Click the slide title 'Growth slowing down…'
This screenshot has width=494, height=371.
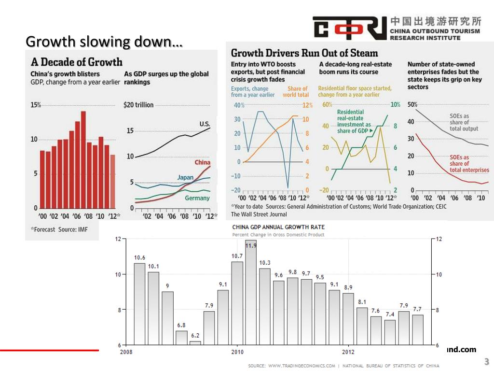pos(104,42)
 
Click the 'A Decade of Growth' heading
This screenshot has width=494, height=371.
pos(77,62)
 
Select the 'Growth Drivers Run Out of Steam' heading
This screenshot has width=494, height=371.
pos(304,53)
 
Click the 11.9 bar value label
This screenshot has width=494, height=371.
pos(251,245)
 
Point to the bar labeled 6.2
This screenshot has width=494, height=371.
pos(195,343)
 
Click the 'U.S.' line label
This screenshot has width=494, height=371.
pos(205,124)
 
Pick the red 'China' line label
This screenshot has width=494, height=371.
pos(202,162)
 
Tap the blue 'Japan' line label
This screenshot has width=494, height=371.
pos(185,177)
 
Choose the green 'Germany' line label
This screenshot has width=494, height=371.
pos(197,198)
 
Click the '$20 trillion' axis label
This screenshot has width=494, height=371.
pos(138,105)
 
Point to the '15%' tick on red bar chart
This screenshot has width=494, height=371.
pos(36,105)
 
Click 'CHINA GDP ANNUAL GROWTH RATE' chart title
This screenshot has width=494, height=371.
pos(278,227)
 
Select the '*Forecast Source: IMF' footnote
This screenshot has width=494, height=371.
pos(59,229)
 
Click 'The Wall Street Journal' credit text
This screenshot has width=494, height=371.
pos(259,214)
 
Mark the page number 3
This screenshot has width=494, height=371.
pos(486,362)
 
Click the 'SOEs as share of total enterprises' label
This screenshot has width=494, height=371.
pos(469,164)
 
